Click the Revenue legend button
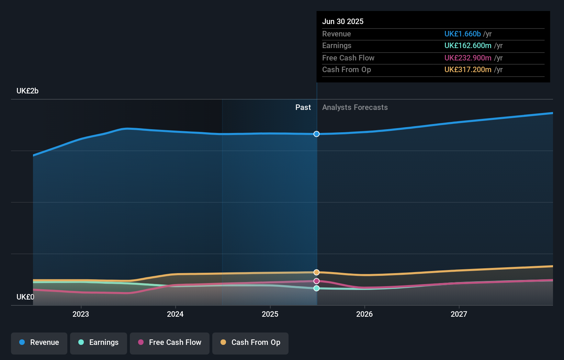pyautogui.click(x=39, y=343)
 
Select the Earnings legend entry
pyautogui.click(x=99, y=343)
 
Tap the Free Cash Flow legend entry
pyautogui.click(x=170, y=343)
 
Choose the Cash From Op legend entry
pyautogui.click(x=250, y=343)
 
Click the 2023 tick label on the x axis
pyautogui.click(x=81, y=314)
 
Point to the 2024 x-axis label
pyautogui.click(x=175, y=314)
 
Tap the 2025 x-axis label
pyautogui.click(x=270, y=314)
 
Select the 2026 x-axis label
pyautogui.click(x=364, y=314)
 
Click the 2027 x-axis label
pyautogui.click(x=459, y=314)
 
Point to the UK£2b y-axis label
pyautogui.click(x=27, y=91)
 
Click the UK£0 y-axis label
pyautogui.click(x=25, y=297)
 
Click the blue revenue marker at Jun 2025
pyautogui.click(x=317, y=134)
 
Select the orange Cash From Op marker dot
pyautogui.click(x=317, y=272)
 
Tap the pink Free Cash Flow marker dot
pyautogui.click(x=317, y=281)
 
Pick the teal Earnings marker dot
pyautogui.click(x=317, y=289)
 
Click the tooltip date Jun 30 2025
pyautogui.click(x=343, y=22)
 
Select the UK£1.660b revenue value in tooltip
pyautogui.click(x=462, y=34)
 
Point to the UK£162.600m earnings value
pyautogui.click(x=468, y=46)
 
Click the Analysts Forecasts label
pyautogui.click(x=355, y=108)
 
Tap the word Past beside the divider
pyautogui.click(x=303, y=108)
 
